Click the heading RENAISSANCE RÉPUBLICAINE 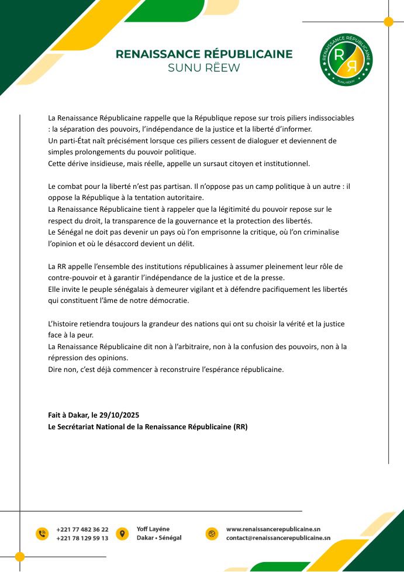click(x=204, y=54)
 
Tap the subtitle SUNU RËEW click(x=203, y=68)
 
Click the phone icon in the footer click(x=42, y=533)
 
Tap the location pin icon click(x=122, y=533)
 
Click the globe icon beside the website click(x=212, y=533)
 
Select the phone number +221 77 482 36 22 click(x=82, y=529)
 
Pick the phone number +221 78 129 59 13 click(x=82, y=538)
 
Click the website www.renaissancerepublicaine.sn click(x=273, y=529)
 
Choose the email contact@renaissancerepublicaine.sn click(x=278, y=538)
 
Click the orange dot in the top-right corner click(x=388, y=22)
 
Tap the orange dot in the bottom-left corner click(x=20, y=556)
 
